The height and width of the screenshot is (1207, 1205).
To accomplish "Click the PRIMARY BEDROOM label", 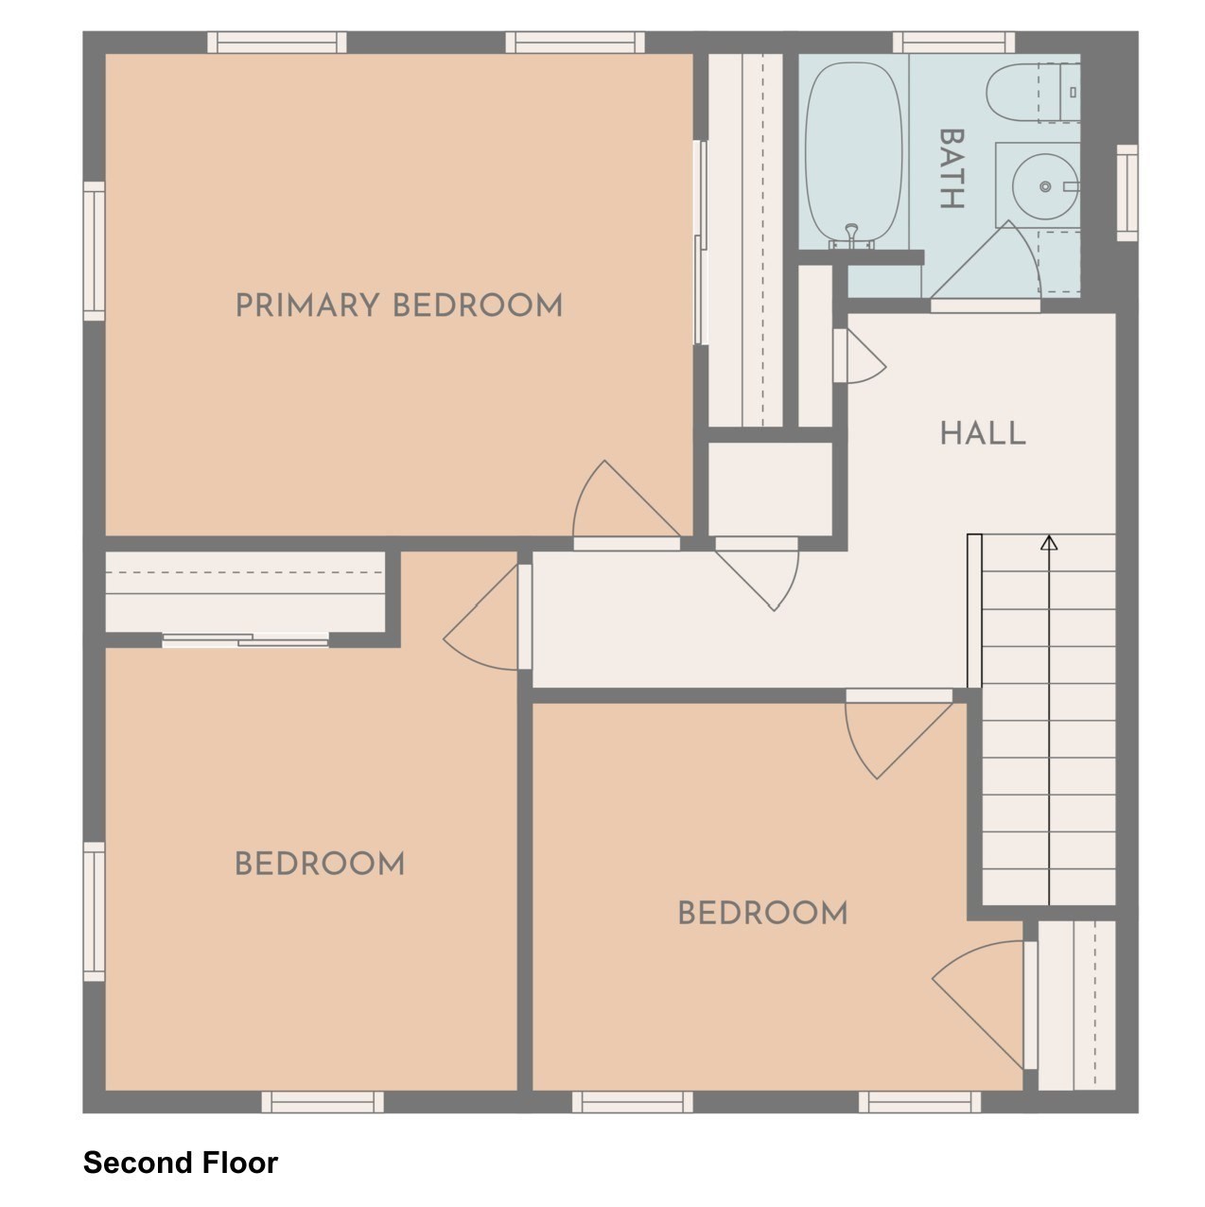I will [398, 306].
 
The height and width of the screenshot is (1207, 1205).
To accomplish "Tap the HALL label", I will [982, 433].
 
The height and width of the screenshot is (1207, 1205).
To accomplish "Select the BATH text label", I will [951, 169].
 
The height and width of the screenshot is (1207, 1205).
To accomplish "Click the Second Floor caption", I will [180, 1163].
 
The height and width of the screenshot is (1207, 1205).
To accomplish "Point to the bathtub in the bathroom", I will [852, 151].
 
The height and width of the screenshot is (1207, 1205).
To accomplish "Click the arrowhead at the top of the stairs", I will [1048, 543].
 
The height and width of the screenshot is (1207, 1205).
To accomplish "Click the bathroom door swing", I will [993, 265].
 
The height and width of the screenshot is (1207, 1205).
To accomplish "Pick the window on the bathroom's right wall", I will [1126, 192].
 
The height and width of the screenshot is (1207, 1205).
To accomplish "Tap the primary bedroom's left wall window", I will [94, 251].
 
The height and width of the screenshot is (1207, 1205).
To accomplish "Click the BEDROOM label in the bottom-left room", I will [319, 864].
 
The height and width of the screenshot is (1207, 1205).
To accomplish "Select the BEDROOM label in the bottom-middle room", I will [762, 913].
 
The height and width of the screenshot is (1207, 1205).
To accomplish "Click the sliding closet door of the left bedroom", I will [245, 640].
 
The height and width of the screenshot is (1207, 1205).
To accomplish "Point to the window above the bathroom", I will [952, 42].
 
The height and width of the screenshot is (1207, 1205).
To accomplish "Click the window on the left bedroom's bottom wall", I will [323, 1101].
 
